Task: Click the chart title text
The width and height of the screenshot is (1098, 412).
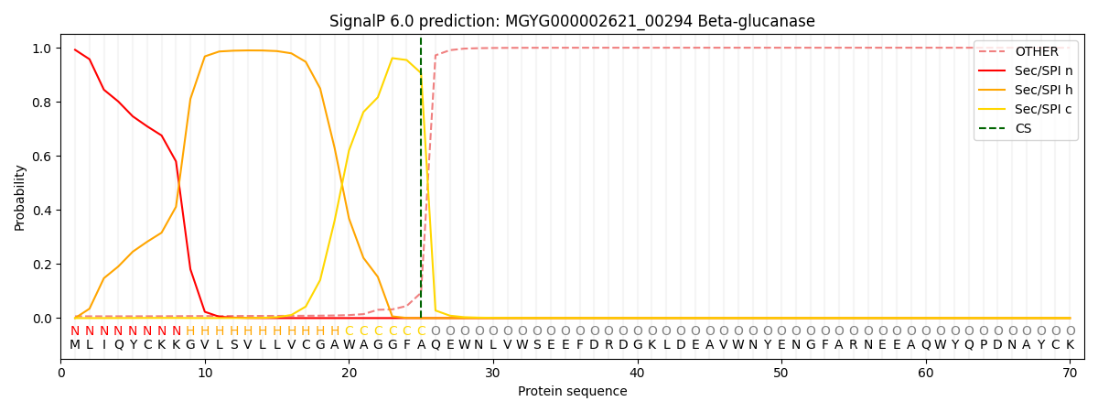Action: [572, 21]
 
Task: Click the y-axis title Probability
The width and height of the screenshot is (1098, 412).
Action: [20, 197]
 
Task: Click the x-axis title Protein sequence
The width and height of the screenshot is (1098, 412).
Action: [572, 392]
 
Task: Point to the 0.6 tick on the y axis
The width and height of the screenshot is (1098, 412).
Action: [42, 157]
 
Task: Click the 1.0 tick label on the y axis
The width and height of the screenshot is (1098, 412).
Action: [42, 49]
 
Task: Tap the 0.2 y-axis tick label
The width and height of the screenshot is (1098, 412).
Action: [42, 265]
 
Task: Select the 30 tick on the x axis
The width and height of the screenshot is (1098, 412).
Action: [493, 372]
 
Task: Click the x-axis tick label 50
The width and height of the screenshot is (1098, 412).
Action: [780, 372]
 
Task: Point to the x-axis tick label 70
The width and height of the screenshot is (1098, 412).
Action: [1070, 372]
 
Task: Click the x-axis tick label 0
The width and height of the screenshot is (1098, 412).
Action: [61, 372]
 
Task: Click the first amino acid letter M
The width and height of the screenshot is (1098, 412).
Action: [75, 345]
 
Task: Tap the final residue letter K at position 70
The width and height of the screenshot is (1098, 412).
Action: [1070, 345]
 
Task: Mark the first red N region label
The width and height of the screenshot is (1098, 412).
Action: [75, 331]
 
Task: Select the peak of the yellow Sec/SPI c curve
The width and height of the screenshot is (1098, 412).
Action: [393, 59]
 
